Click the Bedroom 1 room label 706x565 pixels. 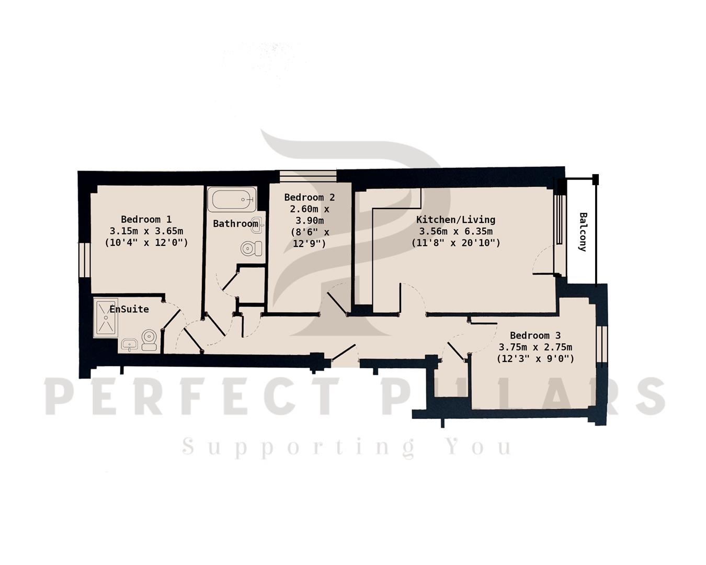146,219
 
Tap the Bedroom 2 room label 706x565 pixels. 309,197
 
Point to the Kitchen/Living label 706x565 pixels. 456,219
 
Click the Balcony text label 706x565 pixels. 583,232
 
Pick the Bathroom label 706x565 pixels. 235,224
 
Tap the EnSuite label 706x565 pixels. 129,309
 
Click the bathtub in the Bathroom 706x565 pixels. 232,199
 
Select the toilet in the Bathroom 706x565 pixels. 252,248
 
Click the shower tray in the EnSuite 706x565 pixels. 106,318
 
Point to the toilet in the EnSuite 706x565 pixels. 149,340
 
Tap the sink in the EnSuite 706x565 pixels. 129,344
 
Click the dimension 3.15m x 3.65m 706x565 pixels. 146,231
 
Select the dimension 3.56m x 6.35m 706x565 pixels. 456,231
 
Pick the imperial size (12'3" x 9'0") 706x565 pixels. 535,359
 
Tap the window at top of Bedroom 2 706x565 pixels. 308,176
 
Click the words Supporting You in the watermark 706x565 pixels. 347,447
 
